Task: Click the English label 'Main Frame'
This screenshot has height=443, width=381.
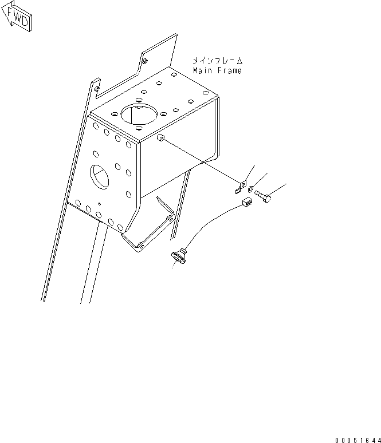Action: [x=217, y=70]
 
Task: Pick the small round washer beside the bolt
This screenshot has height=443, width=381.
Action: [x=252, y=189]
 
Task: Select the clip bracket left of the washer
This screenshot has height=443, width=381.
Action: [x=241, y=188]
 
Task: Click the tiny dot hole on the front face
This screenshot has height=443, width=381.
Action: [x=99, y=203]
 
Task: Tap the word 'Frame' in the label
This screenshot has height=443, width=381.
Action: [x=229, y=70]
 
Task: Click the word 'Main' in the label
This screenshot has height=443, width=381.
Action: [x=202, y=70]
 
